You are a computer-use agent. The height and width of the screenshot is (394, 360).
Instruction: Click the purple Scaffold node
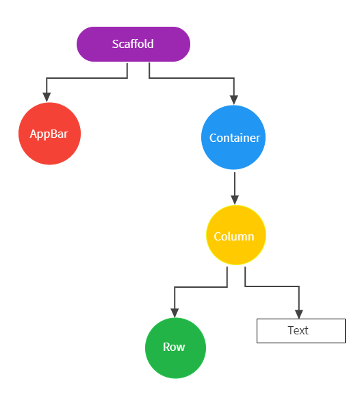[x=133, y=45]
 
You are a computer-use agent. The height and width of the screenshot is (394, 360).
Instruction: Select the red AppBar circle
[x=50, y=134]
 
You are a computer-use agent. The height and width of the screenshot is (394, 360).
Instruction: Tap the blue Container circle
[x=233, y=138]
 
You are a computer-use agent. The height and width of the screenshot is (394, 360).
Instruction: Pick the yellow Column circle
[x=236, y=235]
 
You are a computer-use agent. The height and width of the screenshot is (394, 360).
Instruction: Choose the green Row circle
[x=175, y=348]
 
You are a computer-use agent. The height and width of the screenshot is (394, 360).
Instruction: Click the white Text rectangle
[x=301, y=331]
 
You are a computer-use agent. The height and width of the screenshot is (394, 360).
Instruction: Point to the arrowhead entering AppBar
[x=47, y=97]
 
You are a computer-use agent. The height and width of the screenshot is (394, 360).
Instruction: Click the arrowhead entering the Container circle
[x=234, y=100]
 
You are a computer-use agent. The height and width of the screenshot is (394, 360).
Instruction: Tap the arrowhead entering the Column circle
[x=235, y=200]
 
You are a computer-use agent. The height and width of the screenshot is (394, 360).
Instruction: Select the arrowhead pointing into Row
[x=175, y=313]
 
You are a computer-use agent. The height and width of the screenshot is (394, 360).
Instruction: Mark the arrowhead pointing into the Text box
[x=299, y=314]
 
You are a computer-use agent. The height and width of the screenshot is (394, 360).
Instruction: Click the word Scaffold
[x=133, y=44]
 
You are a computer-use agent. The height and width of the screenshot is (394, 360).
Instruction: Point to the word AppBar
[x=49, y=134]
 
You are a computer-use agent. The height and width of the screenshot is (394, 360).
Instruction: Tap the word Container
[x=235, y=138]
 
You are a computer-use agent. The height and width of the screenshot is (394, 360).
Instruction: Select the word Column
[x=234, y=236]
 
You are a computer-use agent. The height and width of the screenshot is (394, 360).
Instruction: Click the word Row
[x=174, y=347]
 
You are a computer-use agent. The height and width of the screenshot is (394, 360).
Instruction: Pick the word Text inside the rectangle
[x=298, y=330]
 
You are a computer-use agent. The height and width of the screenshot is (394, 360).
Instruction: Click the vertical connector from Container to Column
[x=235, y=184]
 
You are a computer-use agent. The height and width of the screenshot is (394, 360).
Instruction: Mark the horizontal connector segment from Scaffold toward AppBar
[x=87, y=78]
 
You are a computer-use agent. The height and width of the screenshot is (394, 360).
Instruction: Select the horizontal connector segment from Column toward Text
[x=272, y=286]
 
